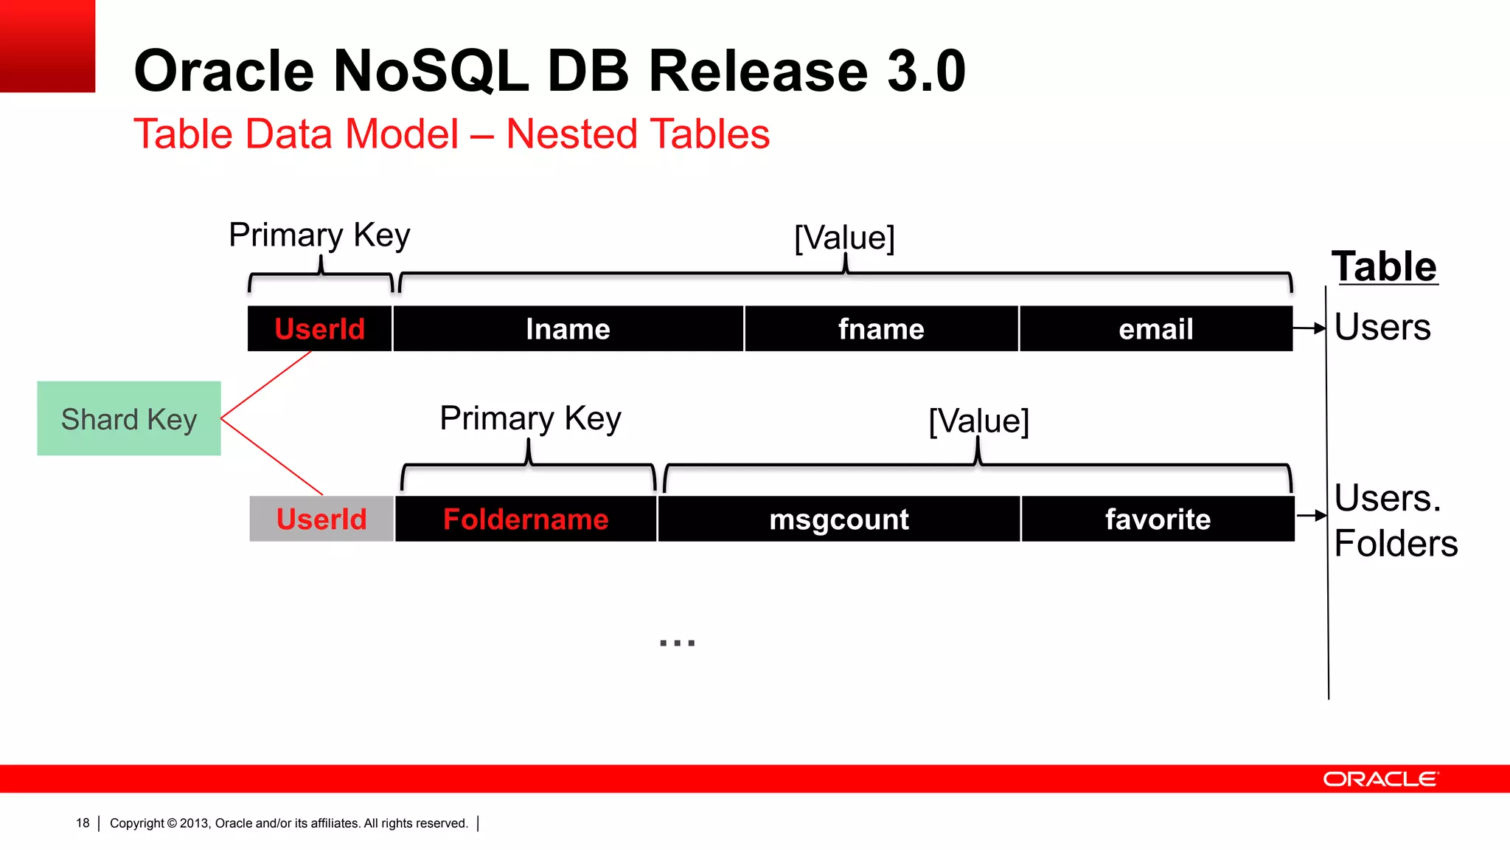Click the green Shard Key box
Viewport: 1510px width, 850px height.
point(129,418)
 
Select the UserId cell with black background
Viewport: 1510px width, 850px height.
point(319,328)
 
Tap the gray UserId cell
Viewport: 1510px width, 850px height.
point(321,519)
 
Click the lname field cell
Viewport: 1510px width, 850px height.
point(568,328)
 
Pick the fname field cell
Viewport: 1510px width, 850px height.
point(881,328)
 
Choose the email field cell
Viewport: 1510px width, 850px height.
point(1155,328)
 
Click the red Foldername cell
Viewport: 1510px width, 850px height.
point(526,519)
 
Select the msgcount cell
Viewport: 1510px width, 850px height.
point(838,519)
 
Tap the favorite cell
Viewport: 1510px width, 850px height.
point(1158,519)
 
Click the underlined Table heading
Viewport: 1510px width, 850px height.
point(1384,266)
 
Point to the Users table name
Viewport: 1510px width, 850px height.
point(1382,327)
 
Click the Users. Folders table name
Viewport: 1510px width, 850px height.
point(1395,520)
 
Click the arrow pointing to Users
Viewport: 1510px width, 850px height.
point(1310,328)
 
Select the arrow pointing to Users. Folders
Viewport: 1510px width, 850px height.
point(1312,515)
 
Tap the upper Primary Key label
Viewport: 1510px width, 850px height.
point(319,235)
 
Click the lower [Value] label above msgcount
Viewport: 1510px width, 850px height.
point(978,421)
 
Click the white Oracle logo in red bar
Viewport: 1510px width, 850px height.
point(1380,779)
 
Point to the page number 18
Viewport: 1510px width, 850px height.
point(83,823)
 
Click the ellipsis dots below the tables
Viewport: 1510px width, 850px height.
point(677,643)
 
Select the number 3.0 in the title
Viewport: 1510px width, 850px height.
point(926,72)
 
